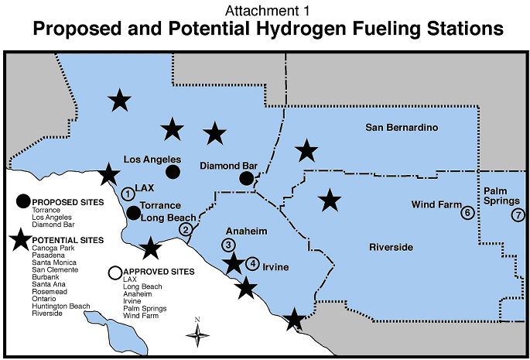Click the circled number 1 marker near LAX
127,194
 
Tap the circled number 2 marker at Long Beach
186,229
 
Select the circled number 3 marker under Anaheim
228,245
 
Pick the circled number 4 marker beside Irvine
252,262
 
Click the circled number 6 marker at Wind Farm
467,212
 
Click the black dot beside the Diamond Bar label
246,179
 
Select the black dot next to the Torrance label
134,212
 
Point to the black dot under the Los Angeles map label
173,171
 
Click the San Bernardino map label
402,127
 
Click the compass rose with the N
197,333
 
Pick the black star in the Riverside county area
330,201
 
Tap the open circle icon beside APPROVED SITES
115,273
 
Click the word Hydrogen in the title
301,29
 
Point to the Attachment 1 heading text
265,10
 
